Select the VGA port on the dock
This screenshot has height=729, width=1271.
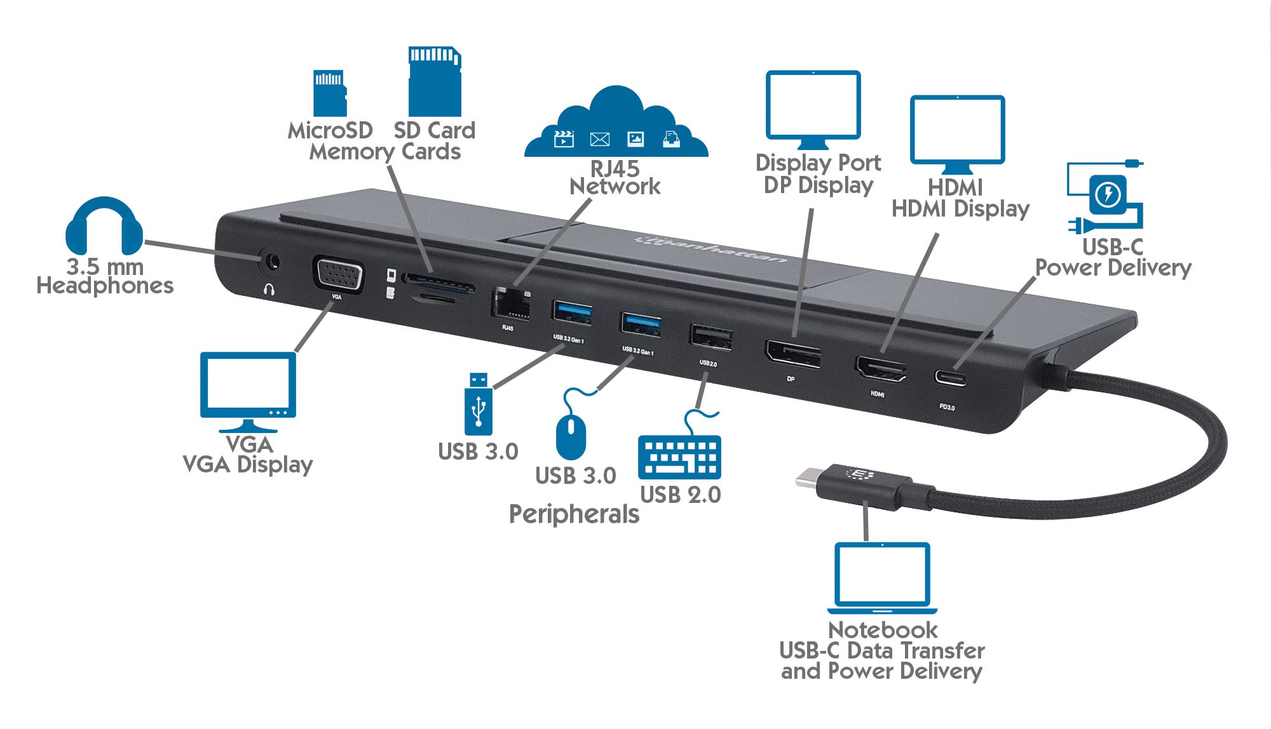tap(338, 275)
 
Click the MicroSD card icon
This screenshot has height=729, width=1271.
tap(330, 93)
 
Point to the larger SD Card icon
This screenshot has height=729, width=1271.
tap(435, 81)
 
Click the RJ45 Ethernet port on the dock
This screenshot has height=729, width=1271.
tap(511, 304)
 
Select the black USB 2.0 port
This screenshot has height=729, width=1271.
tap(711, 337)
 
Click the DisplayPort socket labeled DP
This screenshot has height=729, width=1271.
tap(793, 354)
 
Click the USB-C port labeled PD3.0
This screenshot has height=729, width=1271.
tap(950, 378)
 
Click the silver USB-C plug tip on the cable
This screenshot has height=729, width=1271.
tap(807, 477)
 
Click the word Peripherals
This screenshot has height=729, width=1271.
tap(574, 514)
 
